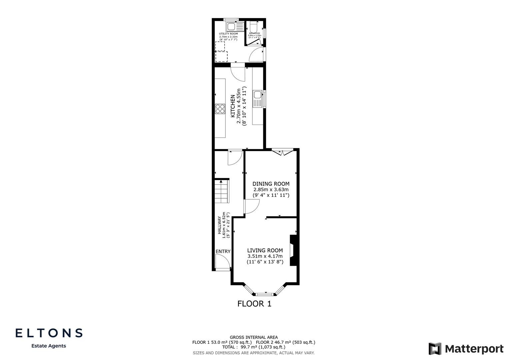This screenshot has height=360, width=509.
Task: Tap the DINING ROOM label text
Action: tap(271, 184)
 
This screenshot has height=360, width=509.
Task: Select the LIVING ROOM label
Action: tap(265, 250)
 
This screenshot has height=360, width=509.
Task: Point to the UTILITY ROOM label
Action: tap(228, 34)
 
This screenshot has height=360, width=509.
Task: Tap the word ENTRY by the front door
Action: tap(223, 251)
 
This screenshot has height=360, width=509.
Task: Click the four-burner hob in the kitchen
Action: tap(220, 109)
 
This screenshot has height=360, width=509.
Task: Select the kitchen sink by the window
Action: tap(258, 99)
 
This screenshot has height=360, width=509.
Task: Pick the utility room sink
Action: tap(232, 26)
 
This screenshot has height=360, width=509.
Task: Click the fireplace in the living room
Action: tap(292, 250)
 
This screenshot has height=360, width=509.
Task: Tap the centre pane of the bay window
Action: tap(266, 294)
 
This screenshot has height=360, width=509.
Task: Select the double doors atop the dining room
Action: tap(282, 152)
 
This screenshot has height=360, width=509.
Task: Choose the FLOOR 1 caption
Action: tap(254, 304)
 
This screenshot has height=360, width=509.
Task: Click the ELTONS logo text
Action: tap(49, 333)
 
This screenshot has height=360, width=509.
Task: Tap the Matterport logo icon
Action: tap(435, 349)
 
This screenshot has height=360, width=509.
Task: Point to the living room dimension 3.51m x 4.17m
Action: tap(265, 256)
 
